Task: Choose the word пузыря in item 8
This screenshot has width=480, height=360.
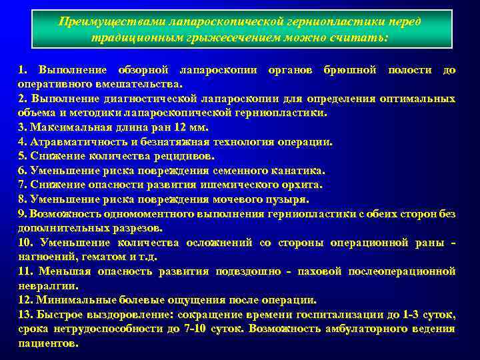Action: [x=289, y=199]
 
